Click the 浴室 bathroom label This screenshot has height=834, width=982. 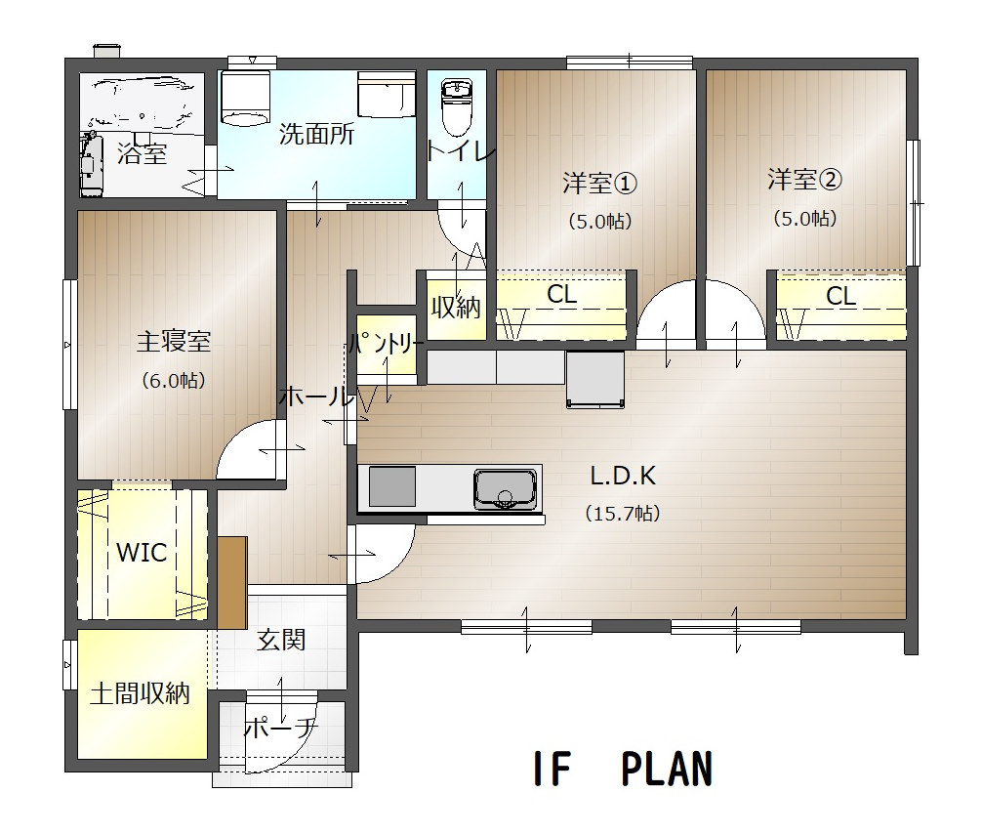pos(143,153)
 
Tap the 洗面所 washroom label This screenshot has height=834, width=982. pos(316,135)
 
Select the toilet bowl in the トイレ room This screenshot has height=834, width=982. pos(456,108)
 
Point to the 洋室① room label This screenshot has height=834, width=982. pos(599,183)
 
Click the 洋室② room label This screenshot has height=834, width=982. pos(804,180)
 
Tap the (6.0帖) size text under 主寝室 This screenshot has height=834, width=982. pos(173,381)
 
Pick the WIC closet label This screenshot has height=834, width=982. pos(142,552)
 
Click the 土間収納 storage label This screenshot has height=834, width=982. pos(139,694)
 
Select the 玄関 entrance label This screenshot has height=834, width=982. pos(281,640)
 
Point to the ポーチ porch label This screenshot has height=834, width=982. pos(280,728)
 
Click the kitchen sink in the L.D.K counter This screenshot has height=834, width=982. pos(505,488)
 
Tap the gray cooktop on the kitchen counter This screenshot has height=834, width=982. pos(391,486)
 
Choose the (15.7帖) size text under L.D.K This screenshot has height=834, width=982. pos(622,513)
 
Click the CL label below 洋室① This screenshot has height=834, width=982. pos(561,295)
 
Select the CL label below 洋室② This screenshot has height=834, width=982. pos(841,297)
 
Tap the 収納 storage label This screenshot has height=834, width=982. pos(456,307)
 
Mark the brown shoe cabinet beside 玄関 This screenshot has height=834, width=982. pos(232,582)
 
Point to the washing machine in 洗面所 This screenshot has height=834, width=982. pos(245,98)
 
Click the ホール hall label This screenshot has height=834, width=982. pos(314,396)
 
